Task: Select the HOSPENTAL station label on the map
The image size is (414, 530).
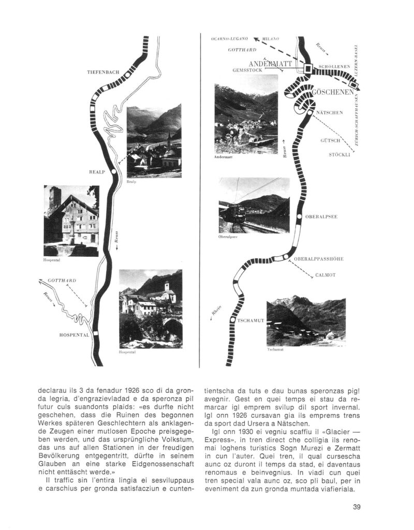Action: tap(75, 335)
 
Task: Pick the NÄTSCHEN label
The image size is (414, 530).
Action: tap(329, 112)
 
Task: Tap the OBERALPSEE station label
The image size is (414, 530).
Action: tap(321, 217)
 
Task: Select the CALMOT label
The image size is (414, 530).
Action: tap(326, 275)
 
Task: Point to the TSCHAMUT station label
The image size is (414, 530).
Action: tap(251, 320)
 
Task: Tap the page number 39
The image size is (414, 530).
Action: tap(356, 507)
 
